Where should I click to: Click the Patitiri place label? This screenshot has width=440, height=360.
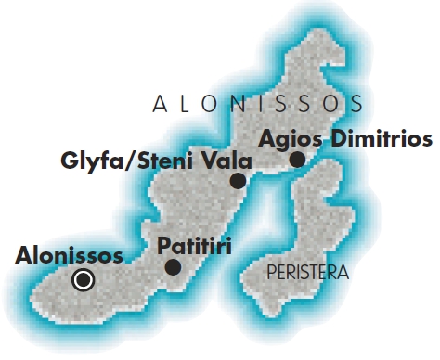(194, 246)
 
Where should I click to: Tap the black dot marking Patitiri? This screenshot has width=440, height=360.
(173, 267)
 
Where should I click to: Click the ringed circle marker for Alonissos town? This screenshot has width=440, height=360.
(84, 278)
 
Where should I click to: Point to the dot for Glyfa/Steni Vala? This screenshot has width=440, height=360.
(239, 181)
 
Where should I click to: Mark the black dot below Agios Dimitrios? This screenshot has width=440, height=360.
(297, 160)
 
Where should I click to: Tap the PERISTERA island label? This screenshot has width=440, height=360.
(306, 274)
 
